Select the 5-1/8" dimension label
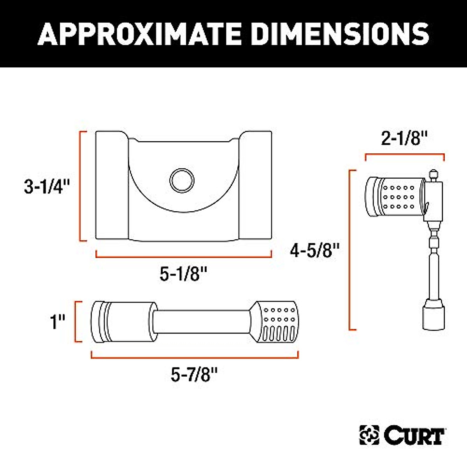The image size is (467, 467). click(x=183, y=275)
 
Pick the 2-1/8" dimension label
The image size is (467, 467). click(x=404, y=139)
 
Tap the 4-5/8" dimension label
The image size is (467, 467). click(x=316, y=250)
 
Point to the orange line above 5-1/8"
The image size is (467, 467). click(x=183, y=256)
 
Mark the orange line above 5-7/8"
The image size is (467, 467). click(x=195, y=356)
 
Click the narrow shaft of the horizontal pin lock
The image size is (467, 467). click(x=200, y=322)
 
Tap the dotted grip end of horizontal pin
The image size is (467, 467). click(x=277, y=322)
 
